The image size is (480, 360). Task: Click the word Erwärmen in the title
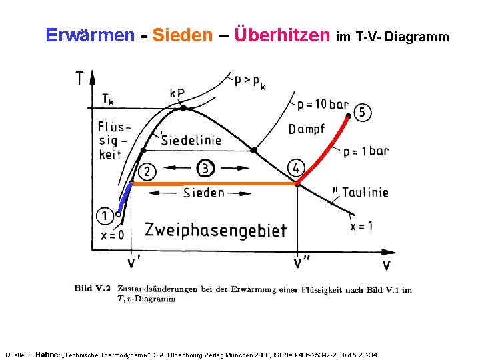pyautogui.click(x=90, y=35)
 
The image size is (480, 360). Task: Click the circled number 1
pyautogui.click(x=104, y=215)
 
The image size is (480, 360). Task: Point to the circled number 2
pyautogui.click(x=147, y=171)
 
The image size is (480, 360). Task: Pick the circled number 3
pyautogui.click(x=206, y=167)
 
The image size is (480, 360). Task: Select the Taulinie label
pyautogui.click(x=364, y=193)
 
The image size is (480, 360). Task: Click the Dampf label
pyautogui.click(x=307, y=129)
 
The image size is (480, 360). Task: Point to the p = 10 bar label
pyautogui.click(x=323, y=105)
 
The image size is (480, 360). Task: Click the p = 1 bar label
pyautogui.click(x=366, y=151)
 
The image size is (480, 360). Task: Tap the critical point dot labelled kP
pyautogui.click(x=183, y=107)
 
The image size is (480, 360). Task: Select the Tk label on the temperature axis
pyautogui.click(x=107, y=100)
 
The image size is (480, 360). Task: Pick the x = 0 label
pyautogui.click(x=112, y=235)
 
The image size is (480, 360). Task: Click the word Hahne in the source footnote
pyautogui.click(x=46, y=355)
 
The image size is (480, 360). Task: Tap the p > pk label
pyautogui.click(x=249, y=81)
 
